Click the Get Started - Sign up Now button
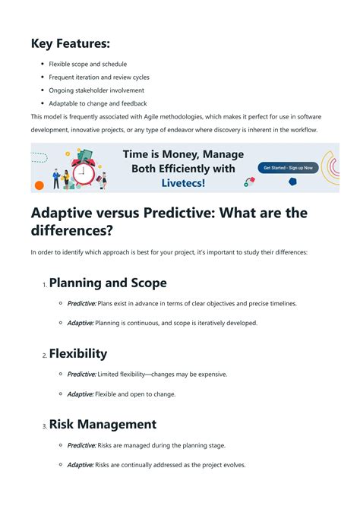[x=288, y=168]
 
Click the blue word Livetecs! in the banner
[x=183, y=183]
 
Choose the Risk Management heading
[x=103, y=425]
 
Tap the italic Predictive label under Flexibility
[x=81, y=374]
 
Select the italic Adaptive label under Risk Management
[x=81, y=464]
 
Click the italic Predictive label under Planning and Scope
[x=81, y=303]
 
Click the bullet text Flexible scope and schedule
[x=87, y=64]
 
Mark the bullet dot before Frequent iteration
[x=42, y=77]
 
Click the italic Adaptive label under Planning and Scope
[x=81, y=323]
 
